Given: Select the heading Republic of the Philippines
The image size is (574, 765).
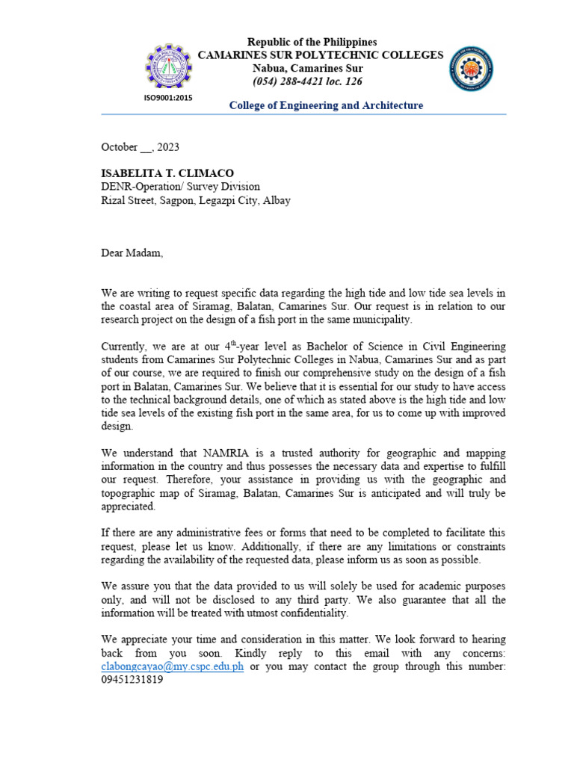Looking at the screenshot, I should point(312,42).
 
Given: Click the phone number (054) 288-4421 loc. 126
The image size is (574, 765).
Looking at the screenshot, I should point(307,81).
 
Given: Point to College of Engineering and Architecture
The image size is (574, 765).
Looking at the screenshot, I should point(326,105).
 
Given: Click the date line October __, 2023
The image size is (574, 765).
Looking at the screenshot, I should point(140,147).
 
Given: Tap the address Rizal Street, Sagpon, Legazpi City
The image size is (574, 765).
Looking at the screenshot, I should point(196,200).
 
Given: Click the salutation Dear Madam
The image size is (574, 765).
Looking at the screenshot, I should point(132,253).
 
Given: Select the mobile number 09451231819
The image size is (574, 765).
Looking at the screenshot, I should point(132,680).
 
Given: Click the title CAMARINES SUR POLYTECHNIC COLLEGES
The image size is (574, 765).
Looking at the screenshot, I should point(320,55).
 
